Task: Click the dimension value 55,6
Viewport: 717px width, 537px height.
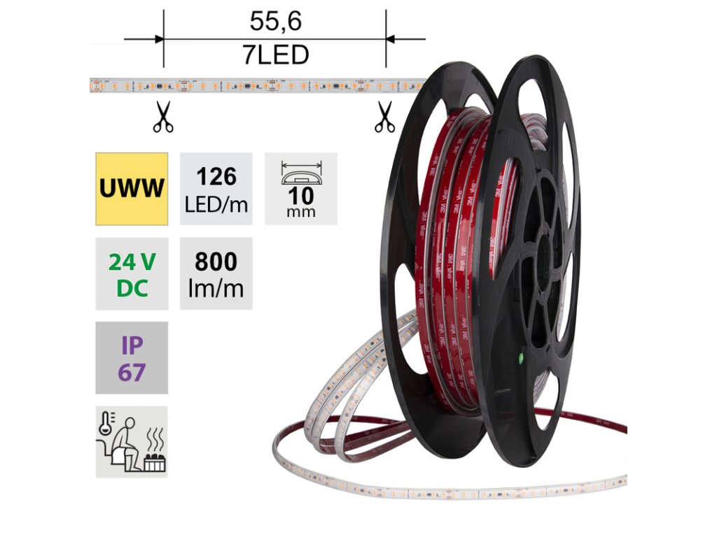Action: tap(274, 22)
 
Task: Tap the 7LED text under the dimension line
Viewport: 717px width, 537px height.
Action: tap(274, 55)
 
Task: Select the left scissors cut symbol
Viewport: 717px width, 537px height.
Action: tap(164, 117)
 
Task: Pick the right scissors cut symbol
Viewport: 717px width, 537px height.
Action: tap(384, 117)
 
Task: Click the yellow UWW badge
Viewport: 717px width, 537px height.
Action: tap(132, 189)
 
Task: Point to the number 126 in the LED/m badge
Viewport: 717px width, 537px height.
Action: tap(216, 177)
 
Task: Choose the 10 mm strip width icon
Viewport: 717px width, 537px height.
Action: tap(301, 189)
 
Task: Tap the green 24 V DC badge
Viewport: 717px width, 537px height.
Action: tap(132, 274)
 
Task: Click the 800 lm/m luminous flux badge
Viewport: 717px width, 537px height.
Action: tap(216, 274)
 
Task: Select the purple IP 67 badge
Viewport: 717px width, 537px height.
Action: tap(132, 358)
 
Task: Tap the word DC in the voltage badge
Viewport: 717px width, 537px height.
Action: tap(132, 287)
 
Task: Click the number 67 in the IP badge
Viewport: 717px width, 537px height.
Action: tap(132, 372)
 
